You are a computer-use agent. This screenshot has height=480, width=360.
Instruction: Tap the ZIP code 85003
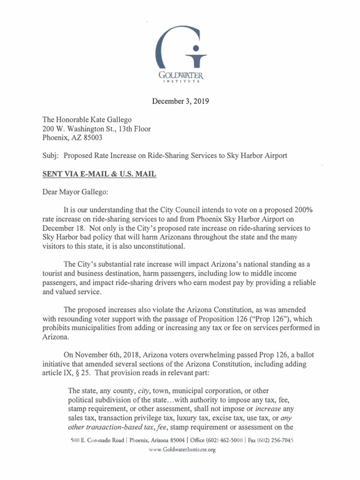pyautogui.click(x=91, y=138)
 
